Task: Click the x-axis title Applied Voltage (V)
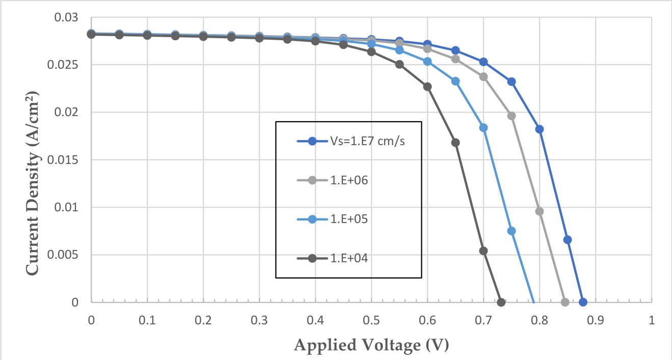pos(371,345)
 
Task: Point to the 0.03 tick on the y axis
pos(66,17)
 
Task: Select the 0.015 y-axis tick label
pos(63,160)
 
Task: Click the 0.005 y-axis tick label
pos(63,255)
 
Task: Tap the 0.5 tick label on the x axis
pos(371,320)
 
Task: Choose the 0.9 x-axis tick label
pos(596,320)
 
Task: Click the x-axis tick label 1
pos(652,320)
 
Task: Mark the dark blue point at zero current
pos(583,302)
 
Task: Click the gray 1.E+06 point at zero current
pos(565,302)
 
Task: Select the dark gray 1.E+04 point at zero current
pos(501,302)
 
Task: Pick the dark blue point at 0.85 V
pos(567,240)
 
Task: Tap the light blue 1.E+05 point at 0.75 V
pos(512,231)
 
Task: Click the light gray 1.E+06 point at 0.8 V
pos(540,211)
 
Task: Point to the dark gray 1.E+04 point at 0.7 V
pos(483,251)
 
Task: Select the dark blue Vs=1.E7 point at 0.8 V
pos(540,129)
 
